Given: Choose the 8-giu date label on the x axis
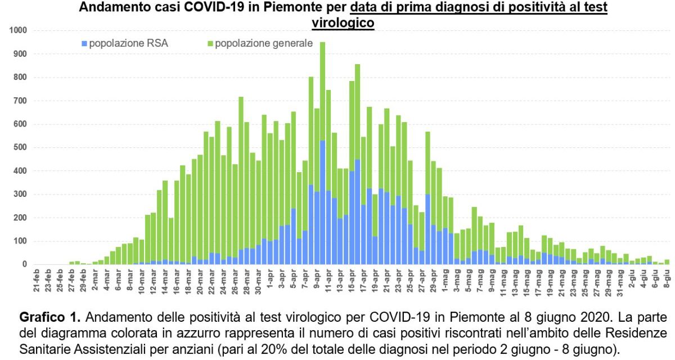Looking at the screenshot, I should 667,279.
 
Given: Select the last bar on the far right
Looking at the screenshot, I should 667,262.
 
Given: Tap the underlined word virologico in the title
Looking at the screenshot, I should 343,23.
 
